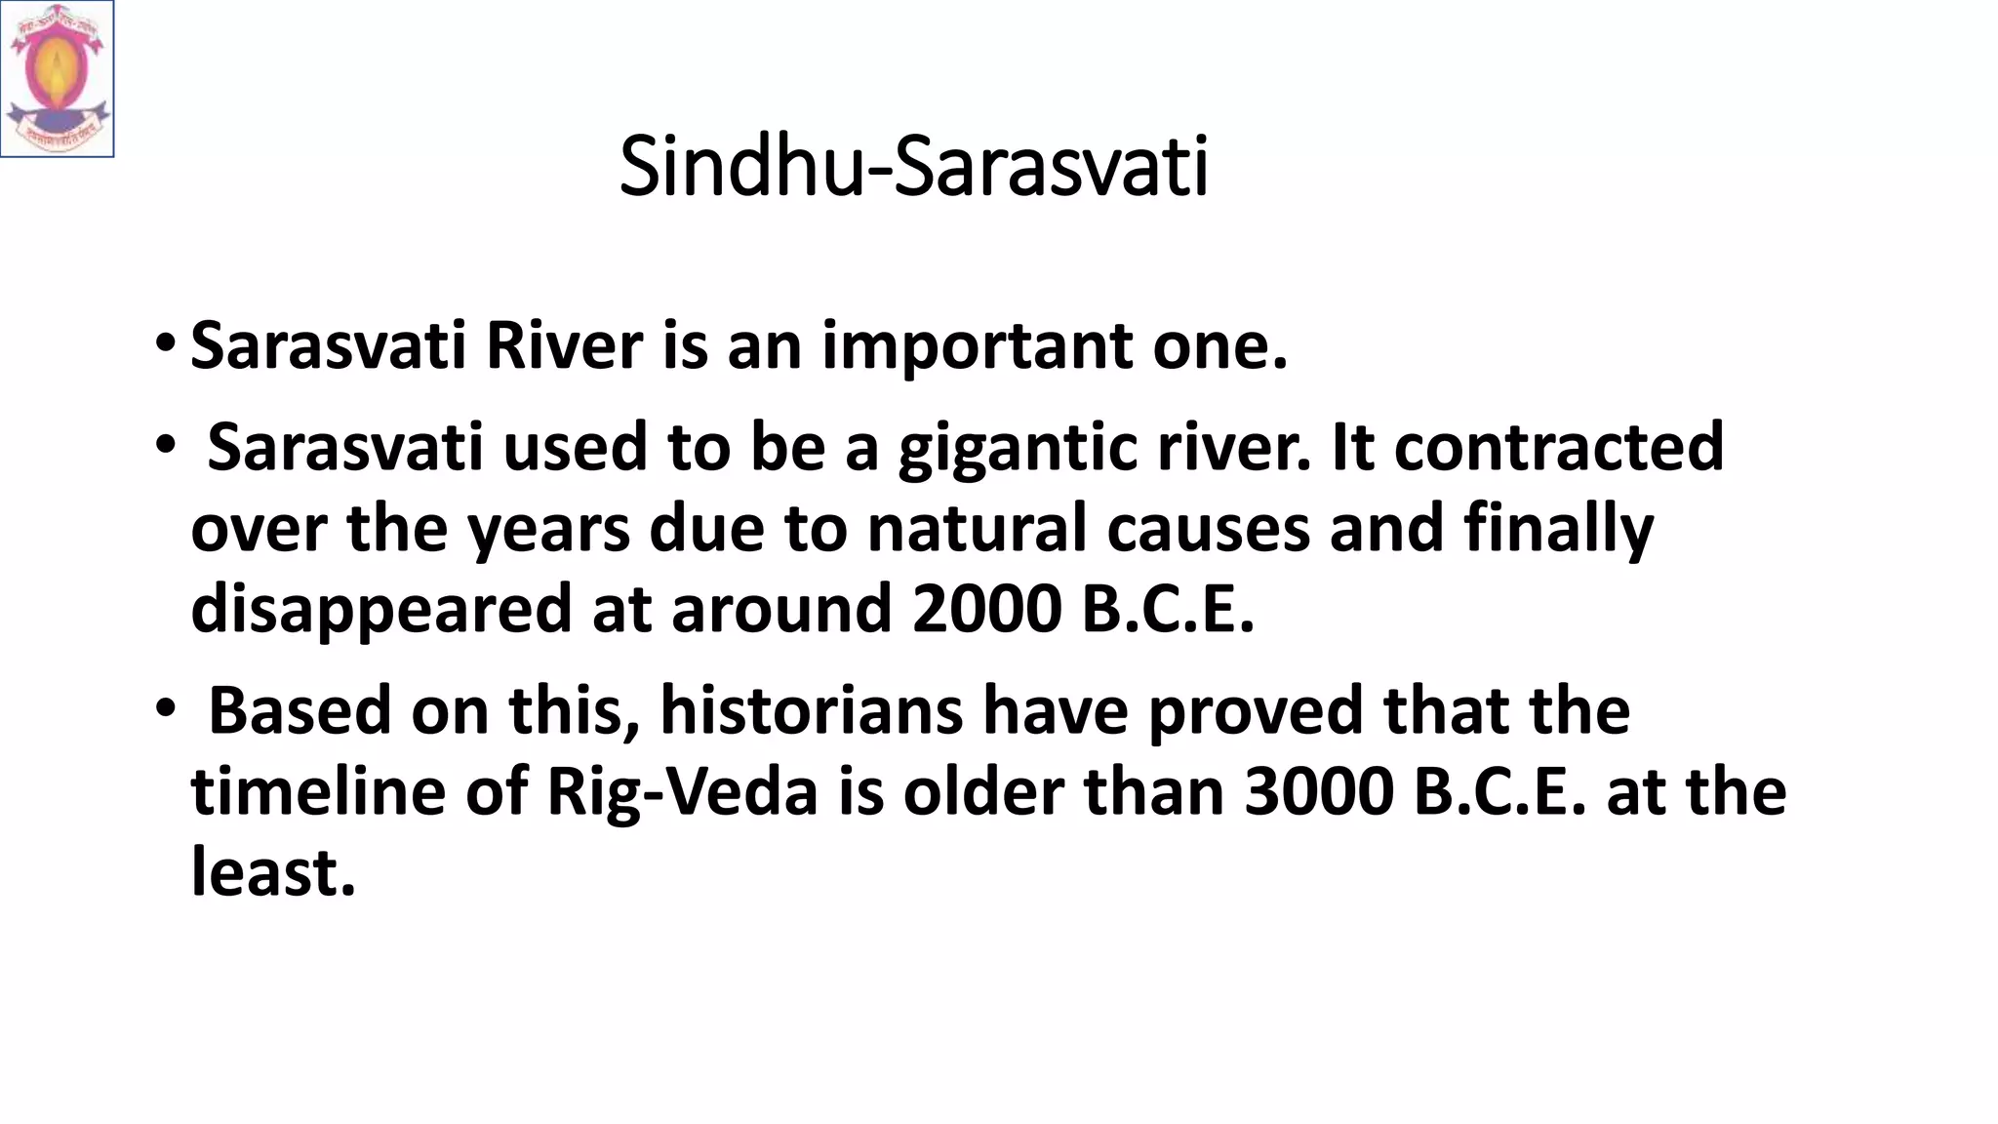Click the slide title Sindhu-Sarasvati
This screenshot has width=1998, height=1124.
pos(913,168)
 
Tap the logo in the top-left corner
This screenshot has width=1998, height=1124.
pos(57,78)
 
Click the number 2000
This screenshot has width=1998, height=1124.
pos(986,609)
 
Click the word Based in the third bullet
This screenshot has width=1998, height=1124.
pos(300,710)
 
